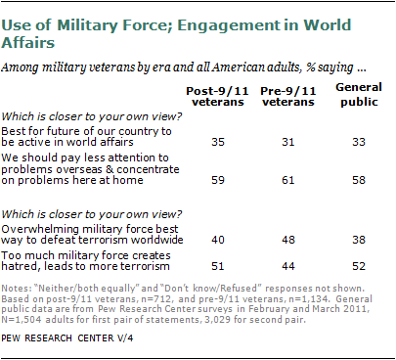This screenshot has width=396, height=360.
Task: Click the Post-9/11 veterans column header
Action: [x=218, y=96]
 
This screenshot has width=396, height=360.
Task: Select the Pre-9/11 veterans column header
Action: [x=288, y=96]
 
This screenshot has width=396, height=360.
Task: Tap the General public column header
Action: [x=359, y=95]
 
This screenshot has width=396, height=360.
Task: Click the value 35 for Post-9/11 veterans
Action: [x=218, y=142]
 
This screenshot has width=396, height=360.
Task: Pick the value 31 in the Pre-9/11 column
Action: [x=288, y=142]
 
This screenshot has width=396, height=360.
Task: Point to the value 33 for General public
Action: [x=359, y=142]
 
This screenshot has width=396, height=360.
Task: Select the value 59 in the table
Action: [x=218, y=180]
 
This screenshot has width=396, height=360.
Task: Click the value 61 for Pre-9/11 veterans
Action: [x=288, y=180]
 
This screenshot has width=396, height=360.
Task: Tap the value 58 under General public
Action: [x=359, y=180]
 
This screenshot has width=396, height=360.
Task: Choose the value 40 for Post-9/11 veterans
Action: [x=218, y=240]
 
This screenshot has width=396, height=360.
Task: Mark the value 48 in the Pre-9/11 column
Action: [x=288, y=240]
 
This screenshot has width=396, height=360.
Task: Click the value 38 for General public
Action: [x=359, y=240]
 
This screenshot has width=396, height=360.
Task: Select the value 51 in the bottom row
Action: [x=218, y=266]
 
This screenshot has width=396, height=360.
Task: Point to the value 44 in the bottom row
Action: [x=288, y=266]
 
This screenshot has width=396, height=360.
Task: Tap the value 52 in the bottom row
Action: [x=359, y=266]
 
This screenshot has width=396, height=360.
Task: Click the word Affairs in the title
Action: [x=28, y=43]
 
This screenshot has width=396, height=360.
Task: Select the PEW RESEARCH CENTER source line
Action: [x=67, y=338]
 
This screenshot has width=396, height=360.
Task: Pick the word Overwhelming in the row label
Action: [x=40, y=229]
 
